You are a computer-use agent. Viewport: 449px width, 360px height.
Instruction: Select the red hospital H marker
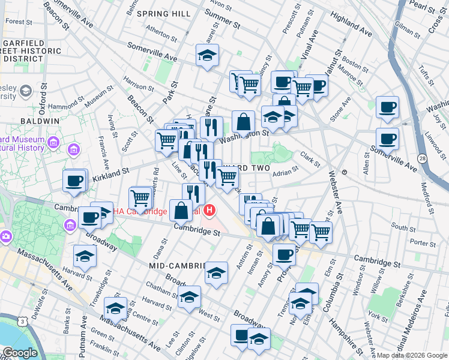click(x=209, y=211)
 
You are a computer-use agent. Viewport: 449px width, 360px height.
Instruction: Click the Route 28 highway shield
click(x=423, y=158)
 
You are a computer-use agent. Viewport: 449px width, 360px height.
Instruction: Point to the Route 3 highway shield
click(x=23, y=322)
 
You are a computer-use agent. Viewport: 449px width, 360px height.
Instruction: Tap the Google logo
click(x=20, y=353)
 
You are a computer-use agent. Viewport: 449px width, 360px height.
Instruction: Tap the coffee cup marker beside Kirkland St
click(x=74, y=180)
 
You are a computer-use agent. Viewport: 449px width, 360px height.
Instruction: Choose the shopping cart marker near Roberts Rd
click(x=140, y=197)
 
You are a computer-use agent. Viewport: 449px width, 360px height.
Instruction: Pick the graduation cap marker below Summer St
click(x=207, y=56)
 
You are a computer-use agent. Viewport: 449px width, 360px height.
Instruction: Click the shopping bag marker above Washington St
click(x=243, y=121)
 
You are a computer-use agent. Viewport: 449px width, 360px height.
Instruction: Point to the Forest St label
click(x=20, y=22)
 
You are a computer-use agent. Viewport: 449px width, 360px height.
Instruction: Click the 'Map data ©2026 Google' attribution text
click(x=412, y=355)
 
